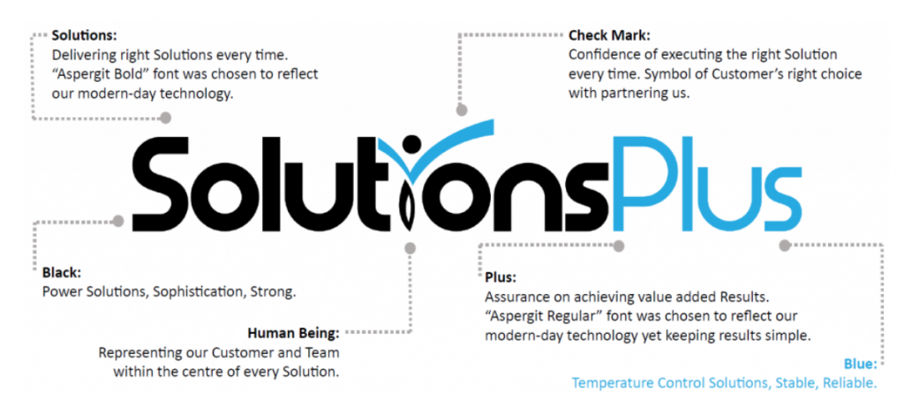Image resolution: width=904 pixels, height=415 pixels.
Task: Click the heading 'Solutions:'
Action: tap(84, 35)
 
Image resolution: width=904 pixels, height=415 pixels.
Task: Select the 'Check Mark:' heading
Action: tap(609, 35)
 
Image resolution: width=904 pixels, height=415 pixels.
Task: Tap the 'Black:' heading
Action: tap(62, 272)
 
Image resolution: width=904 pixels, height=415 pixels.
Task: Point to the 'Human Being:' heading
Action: tap(293, 334)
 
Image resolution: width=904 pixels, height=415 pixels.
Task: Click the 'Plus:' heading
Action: tap(501, 277)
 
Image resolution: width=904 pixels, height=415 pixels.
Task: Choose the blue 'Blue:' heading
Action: tap(860, 365)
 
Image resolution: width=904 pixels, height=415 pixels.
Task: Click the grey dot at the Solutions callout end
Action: tap(165, 118)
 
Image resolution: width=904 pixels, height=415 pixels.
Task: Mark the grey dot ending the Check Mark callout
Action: tap(461, 110)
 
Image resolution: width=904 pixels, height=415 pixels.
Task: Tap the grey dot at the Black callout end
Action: tap(118, 221)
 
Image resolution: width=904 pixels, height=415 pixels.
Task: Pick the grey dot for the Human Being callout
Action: tap(411, 248)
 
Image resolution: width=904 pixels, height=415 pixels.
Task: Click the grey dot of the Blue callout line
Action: tap(784, 245)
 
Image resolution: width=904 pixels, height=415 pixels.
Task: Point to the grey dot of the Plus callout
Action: tap(619, 246)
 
